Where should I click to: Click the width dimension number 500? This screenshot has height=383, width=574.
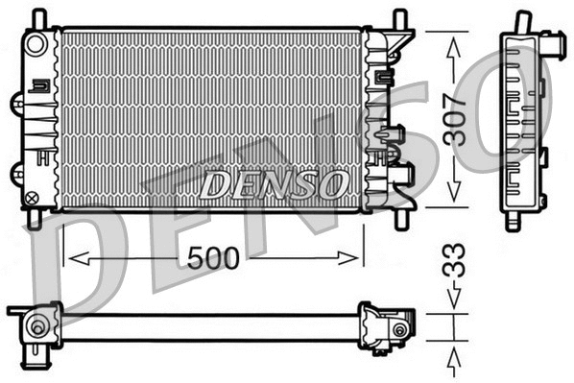point(212,257)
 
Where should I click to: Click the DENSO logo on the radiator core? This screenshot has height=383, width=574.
point(275,183)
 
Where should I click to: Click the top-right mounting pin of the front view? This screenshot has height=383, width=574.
point(395,18)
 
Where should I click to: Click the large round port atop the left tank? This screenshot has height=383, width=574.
point(36,44)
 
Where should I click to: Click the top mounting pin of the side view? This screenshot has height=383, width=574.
point(522,19)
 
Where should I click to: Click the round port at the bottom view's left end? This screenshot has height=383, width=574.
point(37,326)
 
